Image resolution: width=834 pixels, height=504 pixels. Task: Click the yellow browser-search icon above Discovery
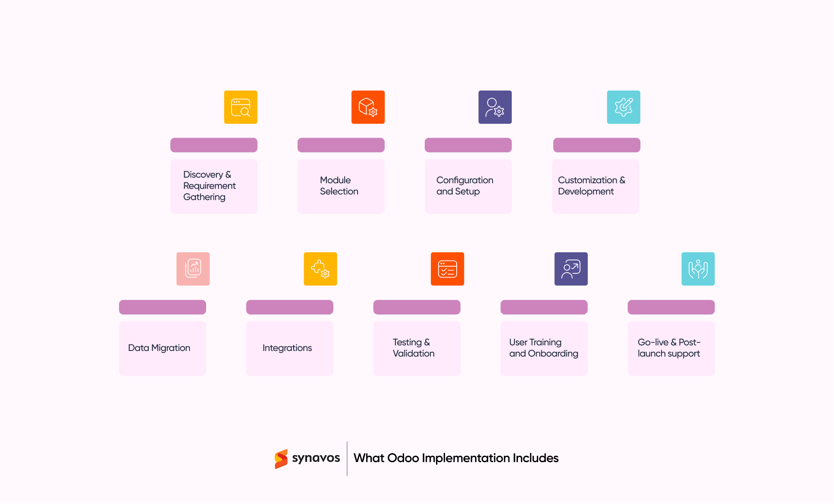(241, 107)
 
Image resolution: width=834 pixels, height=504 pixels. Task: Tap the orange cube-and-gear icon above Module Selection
(368, 107)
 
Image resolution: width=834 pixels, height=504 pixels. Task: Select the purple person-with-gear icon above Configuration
(495, 107)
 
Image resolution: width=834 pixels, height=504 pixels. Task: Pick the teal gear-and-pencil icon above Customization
(624, 107)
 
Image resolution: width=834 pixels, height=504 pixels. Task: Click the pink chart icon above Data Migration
(193, 269)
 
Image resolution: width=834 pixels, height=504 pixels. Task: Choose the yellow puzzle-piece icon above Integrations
(320, 269)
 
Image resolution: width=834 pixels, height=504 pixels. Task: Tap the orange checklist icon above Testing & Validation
(448, 269)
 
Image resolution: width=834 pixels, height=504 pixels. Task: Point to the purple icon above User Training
(571, 269)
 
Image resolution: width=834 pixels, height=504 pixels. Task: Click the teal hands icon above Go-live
(698, 269)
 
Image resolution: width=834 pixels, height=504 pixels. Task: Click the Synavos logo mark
(281, 459)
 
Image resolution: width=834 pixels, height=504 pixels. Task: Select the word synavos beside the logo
(316, 458)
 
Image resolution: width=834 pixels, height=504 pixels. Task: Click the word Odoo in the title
(403, 458)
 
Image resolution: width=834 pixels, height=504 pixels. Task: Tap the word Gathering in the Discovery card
(204, 197)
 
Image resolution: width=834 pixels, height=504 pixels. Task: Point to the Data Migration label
(159, 348)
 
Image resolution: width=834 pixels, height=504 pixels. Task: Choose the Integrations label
(287, 348)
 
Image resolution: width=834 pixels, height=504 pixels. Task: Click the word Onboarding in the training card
(553, 354)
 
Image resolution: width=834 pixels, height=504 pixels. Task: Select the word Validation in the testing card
(414, 354)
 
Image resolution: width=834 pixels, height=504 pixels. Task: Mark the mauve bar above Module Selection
(341, 145)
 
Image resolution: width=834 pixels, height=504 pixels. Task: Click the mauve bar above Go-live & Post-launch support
(671, 307)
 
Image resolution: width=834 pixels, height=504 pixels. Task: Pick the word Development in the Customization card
(586, 191)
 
